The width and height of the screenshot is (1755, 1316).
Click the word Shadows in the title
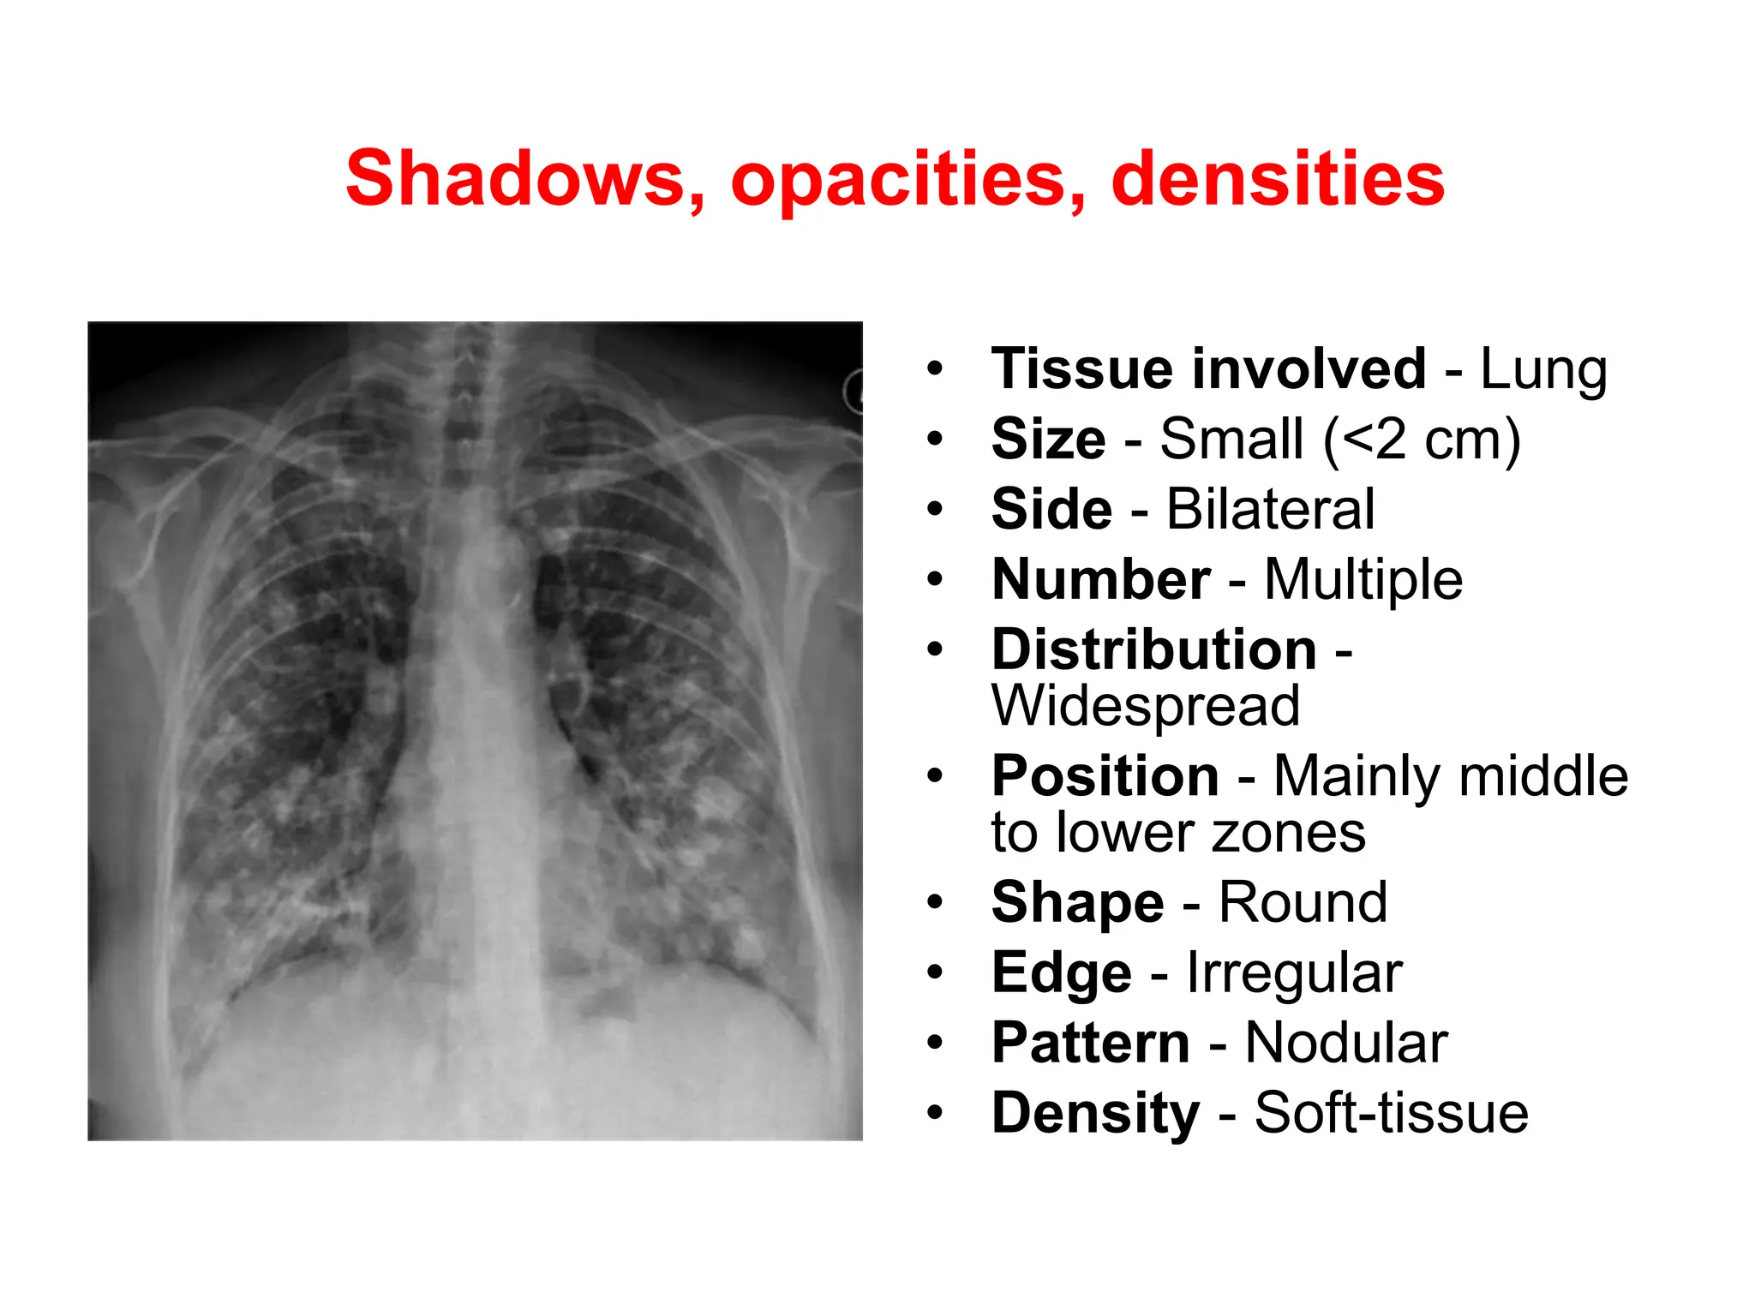526,179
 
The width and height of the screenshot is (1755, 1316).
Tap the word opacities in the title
908,179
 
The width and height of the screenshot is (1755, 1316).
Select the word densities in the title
1278,179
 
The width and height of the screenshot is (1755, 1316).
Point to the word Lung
1543,369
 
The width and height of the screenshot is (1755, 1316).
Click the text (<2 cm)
1422,440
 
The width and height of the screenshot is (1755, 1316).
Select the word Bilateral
1270,510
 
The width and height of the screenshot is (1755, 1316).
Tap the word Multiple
1363,580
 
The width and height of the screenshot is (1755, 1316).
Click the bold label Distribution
1153,649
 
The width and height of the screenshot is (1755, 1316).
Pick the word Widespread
1146,706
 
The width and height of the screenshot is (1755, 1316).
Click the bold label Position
1105,776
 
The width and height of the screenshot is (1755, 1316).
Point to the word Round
1303,902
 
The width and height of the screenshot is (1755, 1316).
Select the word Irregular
1294,972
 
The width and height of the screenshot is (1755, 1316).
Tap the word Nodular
1346,1043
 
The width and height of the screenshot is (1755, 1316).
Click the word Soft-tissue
1391,1113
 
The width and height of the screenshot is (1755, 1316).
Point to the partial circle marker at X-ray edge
854,392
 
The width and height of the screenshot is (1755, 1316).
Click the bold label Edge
1061,972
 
